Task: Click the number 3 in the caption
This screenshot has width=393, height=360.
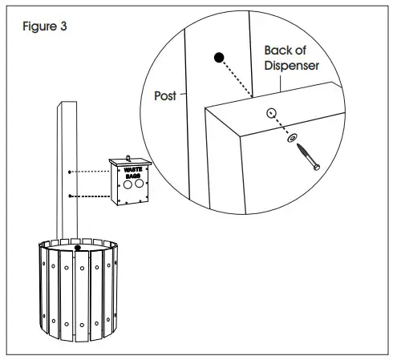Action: click(x=64, y=25)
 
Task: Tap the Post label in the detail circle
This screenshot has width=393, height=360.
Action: click(x=164, y=96)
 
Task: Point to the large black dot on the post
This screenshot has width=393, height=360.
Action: click(x=219, y=58)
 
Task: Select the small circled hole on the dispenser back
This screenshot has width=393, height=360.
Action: click(x=270, y=113)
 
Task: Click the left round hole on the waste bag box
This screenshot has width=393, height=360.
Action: click(x=126, y=184)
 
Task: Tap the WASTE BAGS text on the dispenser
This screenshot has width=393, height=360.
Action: click(x=129, y=171)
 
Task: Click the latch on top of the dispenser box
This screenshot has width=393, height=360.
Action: click(x=128, y=154)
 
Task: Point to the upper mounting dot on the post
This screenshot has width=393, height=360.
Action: click(x=72, y=172)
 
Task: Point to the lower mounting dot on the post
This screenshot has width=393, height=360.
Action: click(x=72, y=196)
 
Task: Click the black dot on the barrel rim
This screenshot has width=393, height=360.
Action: click(x=77, y=248)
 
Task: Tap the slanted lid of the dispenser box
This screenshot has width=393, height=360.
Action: click(x=129, y=161)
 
